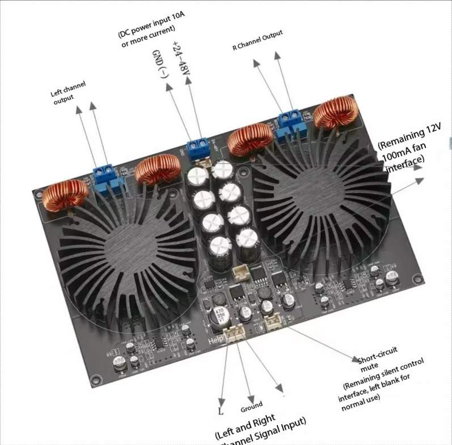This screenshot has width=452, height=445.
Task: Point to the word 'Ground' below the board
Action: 251,406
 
